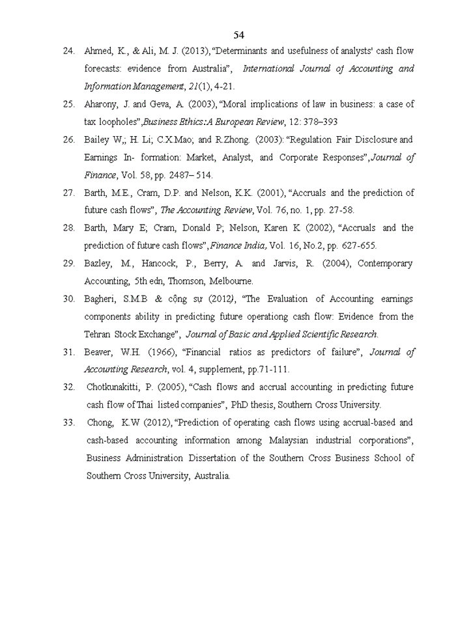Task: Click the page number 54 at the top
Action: point(238,35)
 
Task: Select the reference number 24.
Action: point(68,51)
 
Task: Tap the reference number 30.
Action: point(68,299)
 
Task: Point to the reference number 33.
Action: point(68,423)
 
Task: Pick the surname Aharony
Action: point(102,104)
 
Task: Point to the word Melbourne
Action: point(231,281)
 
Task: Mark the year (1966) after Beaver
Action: point(163,352)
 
